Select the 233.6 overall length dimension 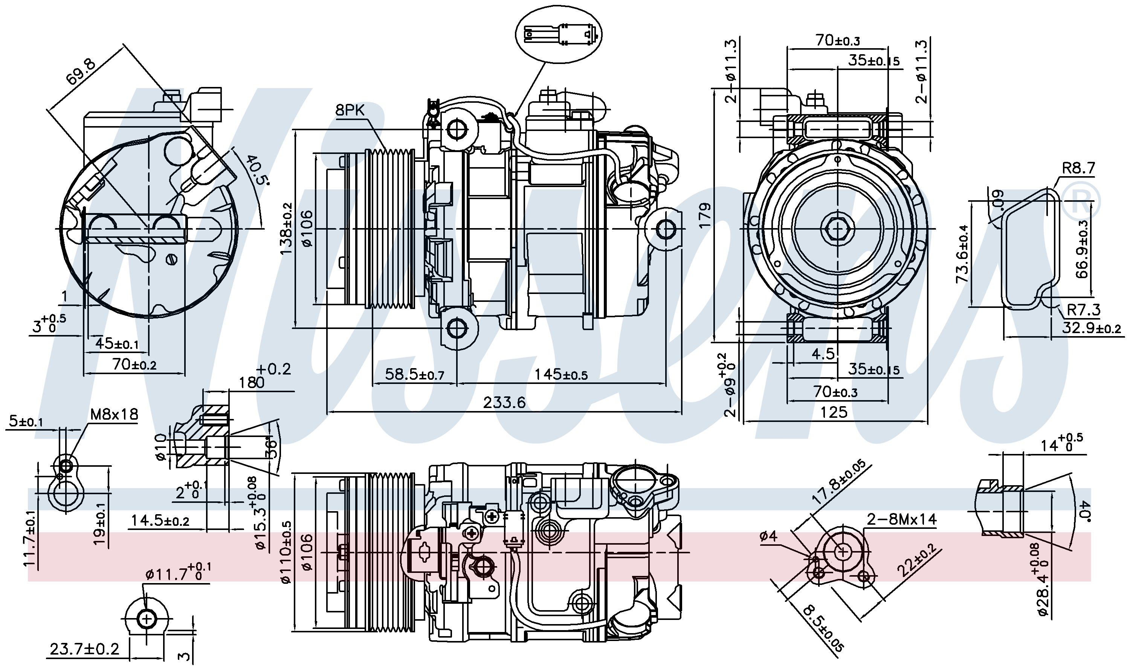click(x=504, y=402)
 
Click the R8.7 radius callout click(x=1078, y=168)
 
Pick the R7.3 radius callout click(x=1083, y=310)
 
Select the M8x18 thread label click(x=114, y=414)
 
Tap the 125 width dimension click(x=834, y=412)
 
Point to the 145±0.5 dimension click(x=561, y=374)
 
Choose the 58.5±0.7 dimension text click(x=414, y=374)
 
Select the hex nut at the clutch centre click(x=837, y=229)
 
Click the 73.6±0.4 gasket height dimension click(x=962, y=254)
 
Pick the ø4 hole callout click(x=768, y=536)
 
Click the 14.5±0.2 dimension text click(x=160, y=521)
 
